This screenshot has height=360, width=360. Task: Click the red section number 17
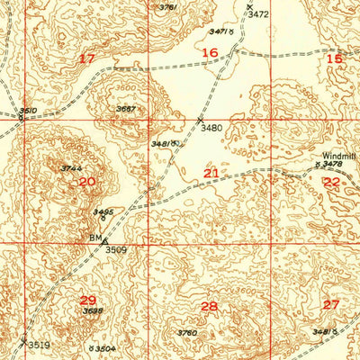click(x=87, y=58)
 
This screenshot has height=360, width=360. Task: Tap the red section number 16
click(x=210, y=54)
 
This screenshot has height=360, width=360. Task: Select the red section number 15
click(x=334, y=58)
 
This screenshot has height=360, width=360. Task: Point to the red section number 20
click(x=87, y=181)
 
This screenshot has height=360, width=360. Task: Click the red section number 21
click(x=211, y=173)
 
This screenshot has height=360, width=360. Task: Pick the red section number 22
click(x=332, y=182)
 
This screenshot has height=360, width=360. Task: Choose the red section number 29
click(x=88, y=301)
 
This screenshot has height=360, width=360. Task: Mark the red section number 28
click(x=210, y=307)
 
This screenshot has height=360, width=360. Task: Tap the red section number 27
click(x=331, y=304)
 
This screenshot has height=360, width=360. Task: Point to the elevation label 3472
click(x=259, y=14)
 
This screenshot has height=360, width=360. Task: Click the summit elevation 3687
click(x=126, y=110)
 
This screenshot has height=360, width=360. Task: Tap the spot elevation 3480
click(x=211, y=128)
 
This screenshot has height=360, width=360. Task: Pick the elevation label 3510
click(x=28, y=111)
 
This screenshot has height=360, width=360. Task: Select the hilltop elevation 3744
click(x=72, y=168)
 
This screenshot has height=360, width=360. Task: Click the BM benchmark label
click(x=94, y=238)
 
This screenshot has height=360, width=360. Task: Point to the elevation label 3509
click(x=116, y=248)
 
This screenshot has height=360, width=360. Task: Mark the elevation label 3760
click(x=187, y=334)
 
